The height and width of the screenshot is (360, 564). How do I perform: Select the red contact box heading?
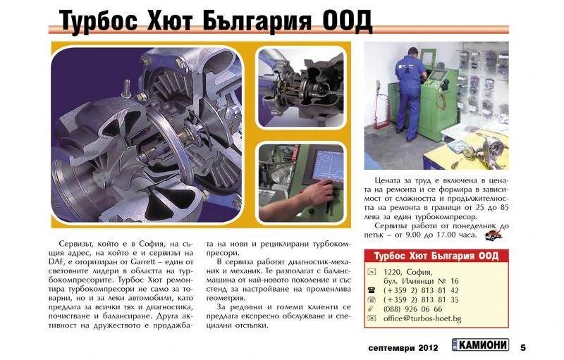436,255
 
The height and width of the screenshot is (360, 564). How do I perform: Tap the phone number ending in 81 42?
421,290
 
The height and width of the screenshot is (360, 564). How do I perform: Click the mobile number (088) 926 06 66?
412,309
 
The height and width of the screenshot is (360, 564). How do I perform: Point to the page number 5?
523,347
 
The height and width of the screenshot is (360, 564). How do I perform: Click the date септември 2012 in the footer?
403,347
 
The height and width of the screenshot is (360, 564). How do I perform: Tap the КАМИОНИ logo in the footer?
480,347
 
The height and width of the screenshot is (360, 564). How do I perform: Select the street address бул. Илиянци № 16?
421,281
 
